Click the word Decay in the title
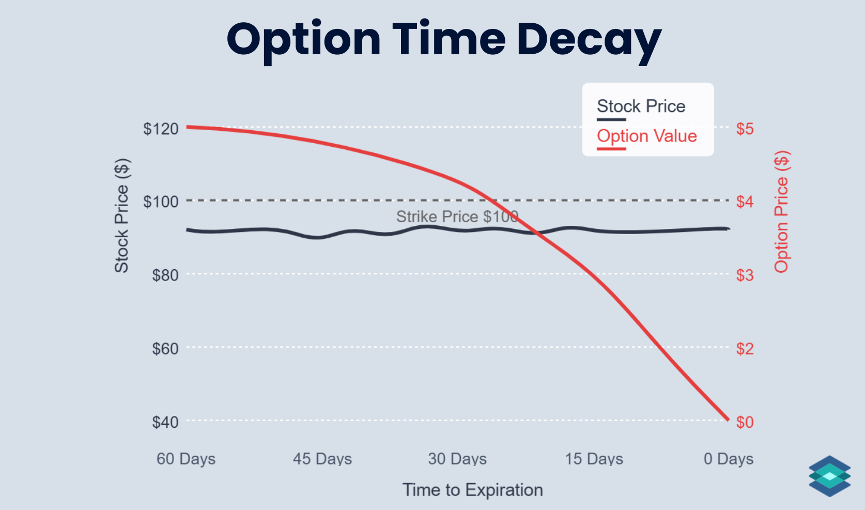click(x=589, y=40)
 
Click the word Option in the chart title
click(x=304, y=40)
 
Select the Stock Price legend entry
click(x=641, y=106)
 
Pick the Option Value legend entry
click(x=646, y=136)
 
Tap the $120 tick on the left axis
click(x=161, y=129)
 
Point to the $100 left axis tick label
click(x=161, y=202)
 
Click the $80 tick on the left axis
click(x=165, y=275)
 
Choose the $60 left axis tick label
click(x=165, y=349)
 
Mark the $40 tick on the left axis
click(x=165, y=422)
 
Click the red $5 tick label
click(x=745, y=129)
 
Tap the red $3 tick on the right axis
click(x=745, y=275)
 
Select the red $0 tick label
click(x=745, y=422)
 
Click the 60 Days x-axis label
click(x=186, y=459)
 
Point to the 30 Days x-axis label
click(x=457, y=459)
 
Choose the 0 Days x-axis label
click(x=728, y=459)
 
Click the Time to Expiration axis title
click(x=472, y=490)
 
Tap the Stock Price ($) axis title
click(x=121, y=215)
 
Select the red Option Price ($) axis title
click(x=781, y=212)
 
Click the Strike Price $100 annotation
click(x=457, y=217)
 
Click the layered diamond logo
click(x=829, y=476)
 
